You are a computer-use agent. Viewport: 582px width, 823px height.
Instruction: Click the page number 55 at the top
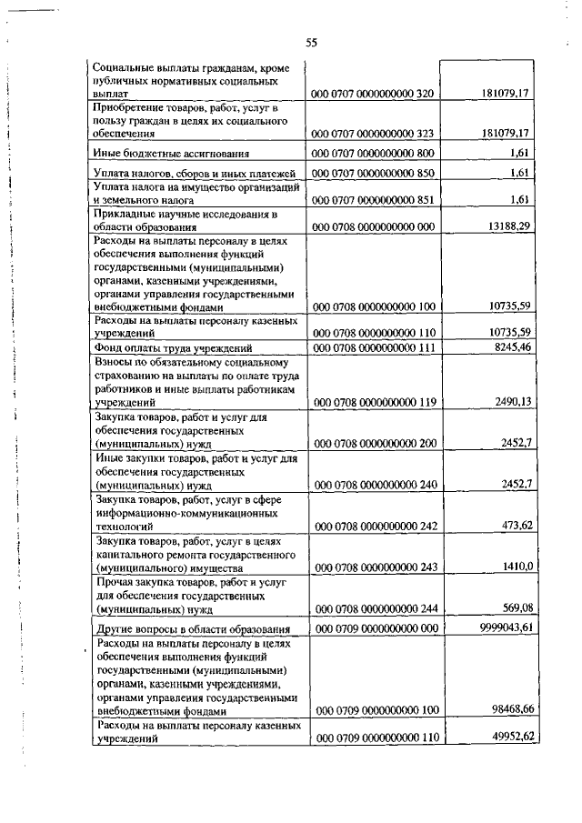coord(311,42)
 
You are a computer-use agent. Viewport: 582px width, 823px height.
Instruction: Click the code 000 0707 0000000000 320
coord(373,94)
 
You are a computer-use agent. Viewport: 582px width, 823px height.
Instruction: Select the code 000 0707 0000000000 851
coord(373,199)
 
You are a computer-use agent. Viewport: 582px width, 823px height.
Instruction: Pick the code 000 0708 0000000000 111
coord(373,348)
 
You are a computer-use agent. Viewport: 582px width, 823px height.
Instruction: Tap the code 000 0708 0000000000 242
coord(373,527)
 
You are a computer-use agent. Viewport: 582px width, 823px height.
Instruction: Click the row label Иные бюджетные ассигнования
coord(171,153)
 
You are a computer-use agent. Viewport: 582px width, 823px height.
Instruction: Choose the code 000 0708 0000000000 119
coord(373,402)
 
